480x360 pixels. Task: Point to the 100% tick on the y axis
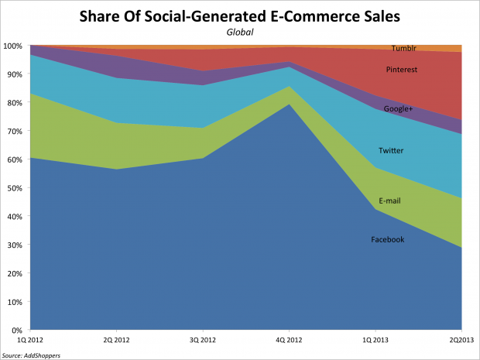coord(12,46)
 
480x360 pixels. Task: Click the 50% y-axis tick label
coord(13,188)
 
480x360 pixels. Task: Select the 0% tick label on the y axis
coord(15,330)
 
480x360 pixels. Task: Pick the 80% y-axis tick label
coord(13,103)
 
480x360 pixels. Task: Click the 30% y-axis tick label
coord(13,245)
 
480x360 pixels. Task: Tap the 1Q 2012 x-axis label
coord(29,339)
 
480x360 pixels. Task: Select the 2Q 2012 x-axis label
coord(116,339)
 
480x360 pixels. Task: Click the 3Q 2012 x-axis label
coord(203,339)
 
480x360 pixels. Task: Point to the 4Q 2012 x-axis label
coord(289,339)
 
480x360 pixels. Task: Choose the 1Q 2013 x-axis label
coord(375,339)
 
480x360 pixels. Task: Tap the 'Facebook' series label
coord(387,240)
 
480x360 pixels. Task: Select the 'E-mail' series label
coord(389,201)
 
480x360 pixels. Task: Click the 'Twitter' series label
coord(390,150)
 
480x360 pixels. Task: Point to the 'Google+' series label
coord(398,109)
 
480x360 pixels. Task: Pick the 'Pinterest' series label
coord(403,70)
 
